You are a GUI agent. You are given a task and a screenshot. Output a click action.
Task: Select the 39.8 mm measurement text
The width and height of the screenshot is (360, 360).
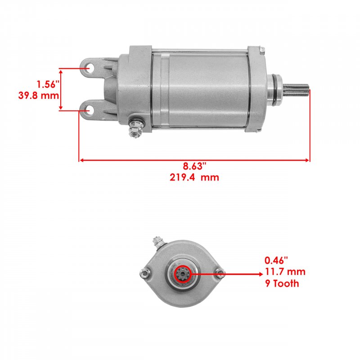tap(39, 95)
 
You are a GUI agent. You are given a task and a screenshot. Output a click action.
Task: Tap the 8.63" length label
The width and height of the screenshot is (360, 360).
tap(194, 166)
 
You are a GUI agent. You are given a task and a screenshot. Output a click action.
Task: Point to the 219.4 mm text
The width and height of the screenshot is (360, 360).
tap(194, 177)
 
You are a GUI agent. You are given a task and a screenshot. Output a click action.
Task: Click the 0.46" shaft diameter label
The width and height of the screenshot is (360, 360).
tap(276, 261)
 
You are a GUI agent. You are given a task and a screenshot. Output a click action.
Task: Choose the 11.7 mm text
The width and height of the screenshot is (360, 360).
tap(285, 272)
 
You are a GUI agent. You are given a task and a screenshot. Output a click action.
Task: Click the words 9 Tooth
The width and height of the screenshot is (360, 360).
tap(282, 283)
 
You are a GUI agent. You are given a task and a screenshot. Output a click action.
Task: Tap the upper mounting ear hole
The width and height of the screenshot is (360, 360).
tap(90, 68)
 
